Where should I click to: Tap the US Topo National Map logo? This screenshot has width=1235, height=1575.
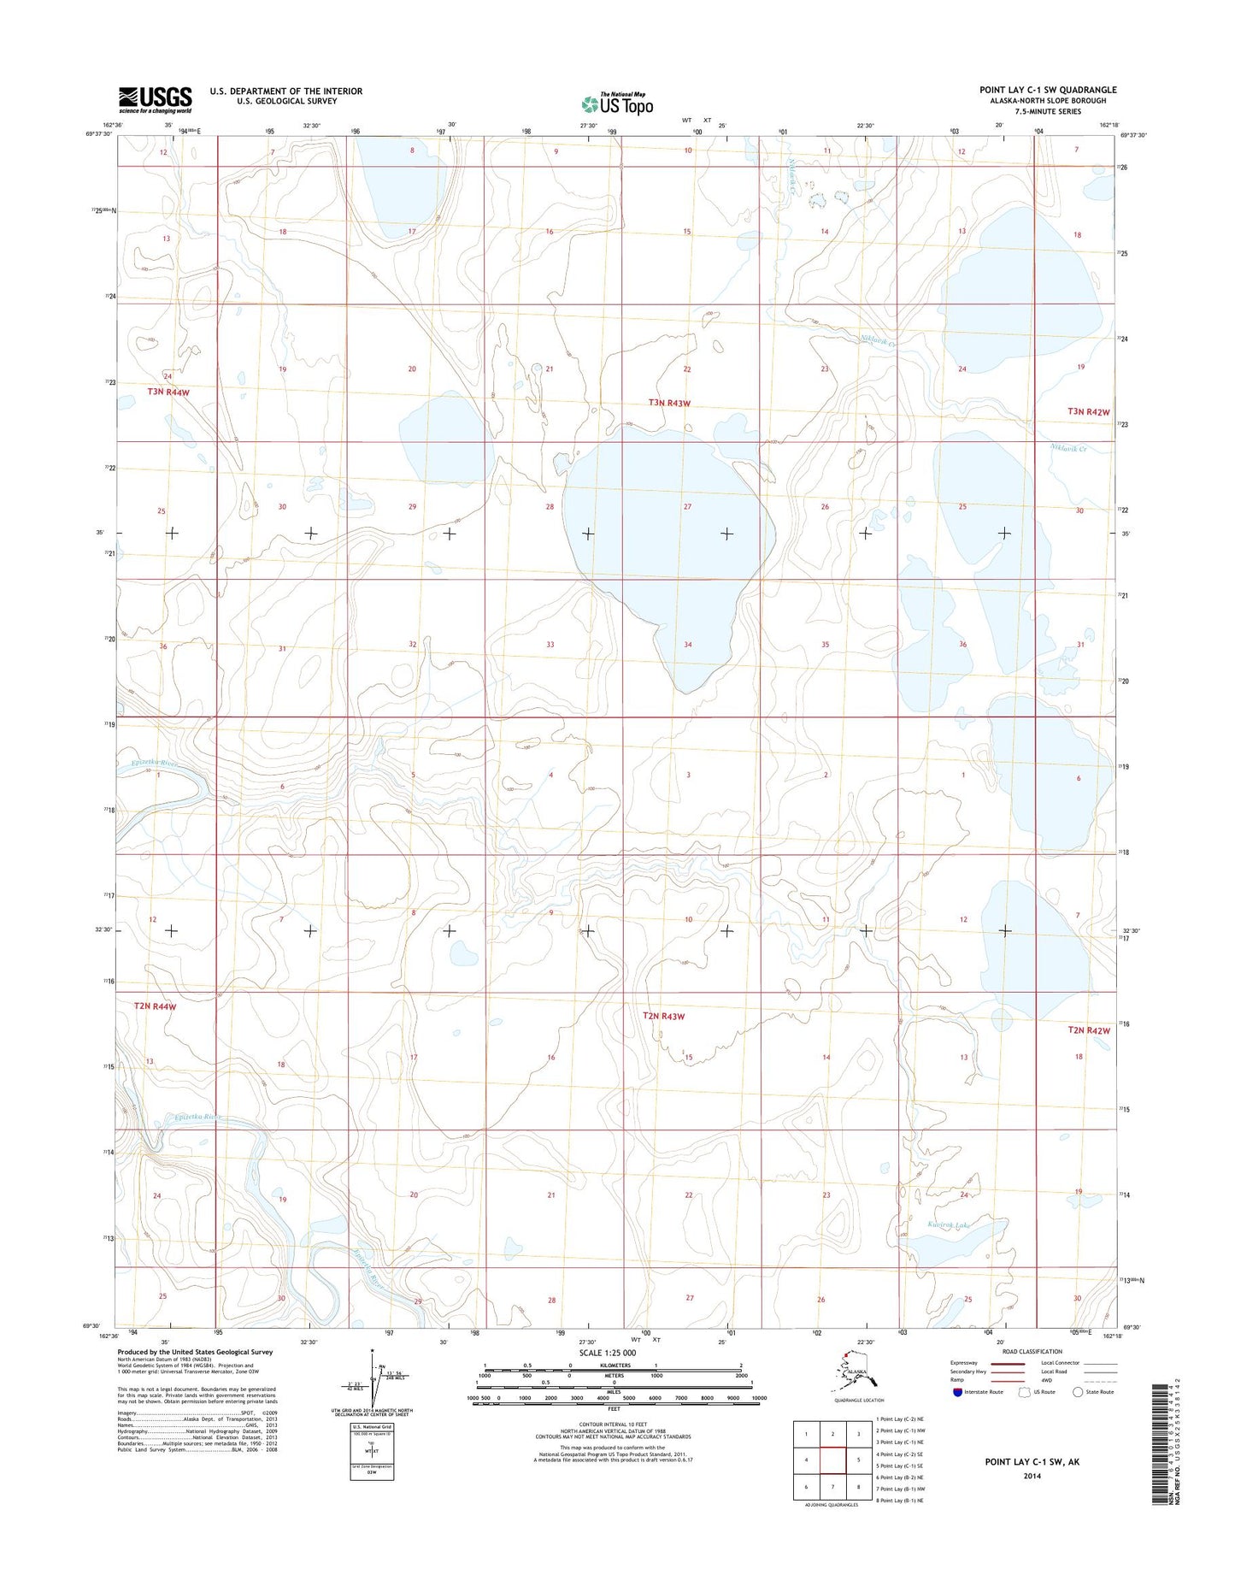click(x=618, y=103)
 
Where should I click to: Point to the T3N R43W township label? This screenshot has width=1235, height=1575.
click(x=680, y=402)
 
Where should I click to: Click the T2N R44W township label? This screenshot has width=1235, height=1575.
click(x=155, y=1006)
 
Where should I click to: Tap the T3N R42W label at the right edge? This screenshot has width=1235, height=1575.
click(x=1087, y=411)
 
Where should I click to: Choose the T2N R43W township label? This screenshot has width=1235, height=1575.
click(x=663, y=1017)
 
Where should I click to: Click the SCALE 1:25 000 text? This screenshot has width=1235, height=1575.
click(x=607, y=1354)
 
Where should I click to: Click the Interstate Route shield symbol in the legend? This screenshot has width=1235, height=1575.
click(x=957, y=1392)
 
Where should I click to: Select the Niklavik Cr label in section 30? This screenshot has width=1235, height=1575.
click(x=1067, y=448)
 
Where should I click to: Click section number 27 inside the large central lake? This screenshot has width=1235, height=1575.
click(x=687, y=506)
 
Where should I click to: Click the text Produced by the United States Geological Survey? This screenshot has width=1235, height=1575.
click(x=195, y=1353)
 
